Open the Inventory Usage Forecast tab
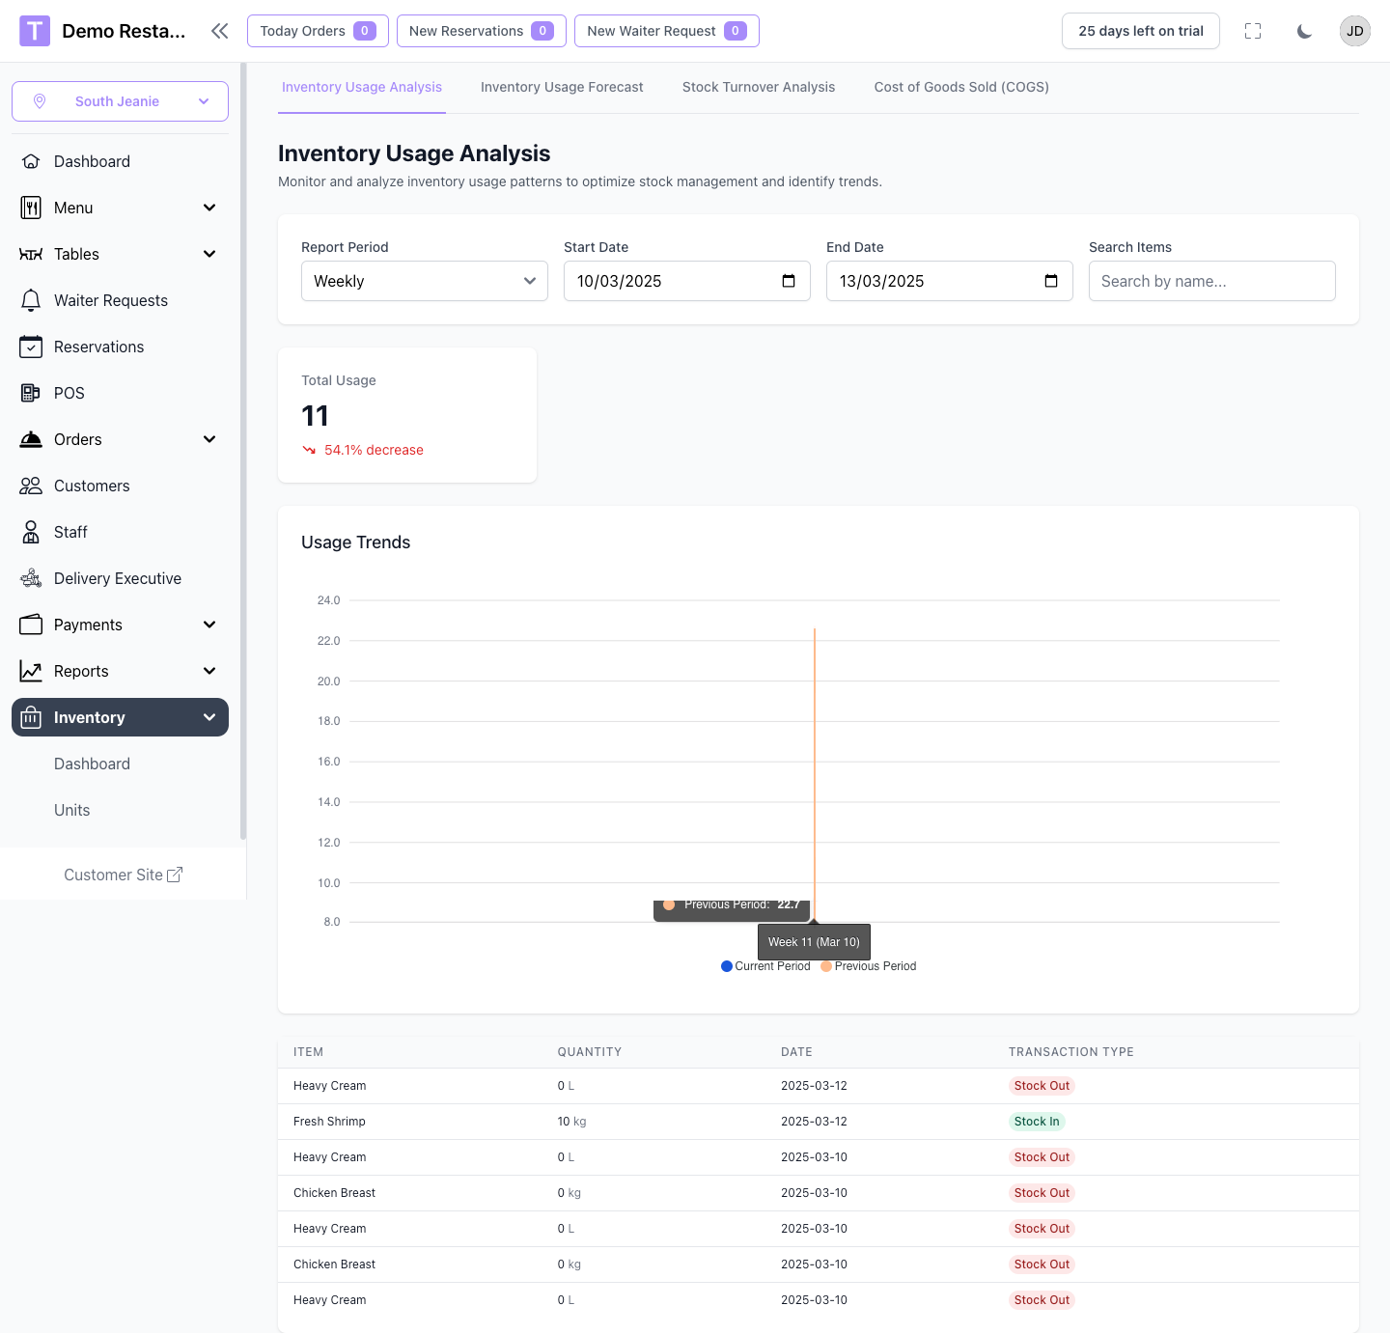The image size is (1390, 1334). coord(562,87)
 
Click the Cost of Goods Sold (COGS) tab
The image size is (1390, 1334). coord(961,87)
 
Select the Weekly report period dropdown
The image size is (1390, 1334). coord(424,281)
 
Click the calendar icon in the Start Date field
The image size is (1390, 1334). coord(789,281)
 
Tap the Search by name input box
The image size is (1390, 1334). coord(1211,281)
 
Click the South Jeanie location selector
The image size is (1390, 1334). coord(120,101)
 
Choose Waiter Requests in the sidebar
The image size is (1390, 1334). coord(110,300)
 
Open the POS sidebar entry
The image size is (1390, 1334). coord(69,393)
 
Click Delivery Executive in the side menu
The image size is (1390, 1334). coord(117,578)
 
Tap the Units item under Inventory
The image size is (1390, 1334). coord(71,810)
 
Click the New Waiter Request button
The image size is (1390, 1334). coord(666,31)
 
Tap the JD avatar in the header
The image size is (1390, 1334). coord(1354,31)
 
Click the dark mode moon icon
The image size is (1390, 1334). coord(1304,31)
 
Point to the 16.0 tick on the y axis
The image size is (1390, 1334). coord(328,762)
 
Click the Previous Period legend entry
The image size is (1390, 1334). coord(869,966)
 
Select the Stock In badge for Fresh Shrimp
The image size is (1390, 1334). coord(1037,1122)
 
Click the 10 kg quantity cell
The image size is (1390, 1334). coord(571,1122)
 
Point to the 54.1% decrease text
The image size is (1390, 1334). coord(374,450)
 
